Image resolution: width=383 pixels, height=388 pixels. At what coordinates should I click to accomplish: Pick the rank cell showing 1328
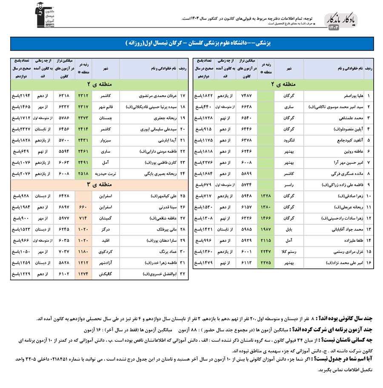266,196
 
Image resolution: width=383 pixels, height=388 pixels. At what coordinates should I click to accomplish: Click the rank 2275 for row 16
266,263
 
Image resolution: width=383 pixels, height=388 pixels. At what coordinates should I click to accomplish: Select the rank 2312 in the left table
83,96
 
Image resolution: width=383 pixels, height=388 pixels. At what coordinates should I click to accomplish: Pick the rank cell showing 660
83,207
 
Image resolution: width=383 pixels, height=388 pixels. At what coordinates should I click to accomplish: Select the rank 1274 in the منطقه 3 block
83,274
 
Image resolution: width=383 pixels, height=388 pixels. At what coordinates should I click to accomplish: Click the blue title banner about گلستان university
191,44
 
